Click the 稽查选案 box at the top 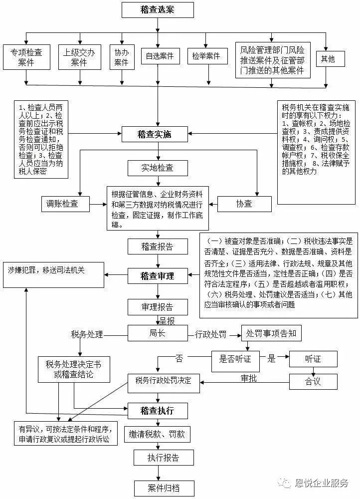(x=157, y=9)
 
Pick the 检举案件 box (x=206, y=56)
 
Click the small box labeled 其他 (x=328, y=59)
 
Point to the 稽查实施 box (x=155, y=134)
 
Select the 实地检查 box (x=157, y=167)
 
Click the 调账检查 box (x=66, y=203)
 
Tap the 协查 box (x=244, y=203)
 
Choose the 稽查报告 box (x=157, y=246)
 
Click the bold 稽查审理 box (x=157, y=275)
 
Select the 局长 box (x=157, y=333)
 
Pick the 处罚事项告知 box (x=271, y=333)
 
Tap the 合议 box (x=313, y=382)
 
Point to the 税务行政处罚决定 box (x=164, y=382)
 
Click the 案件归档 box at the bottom (x=164, y=488)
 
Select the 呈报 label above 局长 (x=167, y=320)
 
